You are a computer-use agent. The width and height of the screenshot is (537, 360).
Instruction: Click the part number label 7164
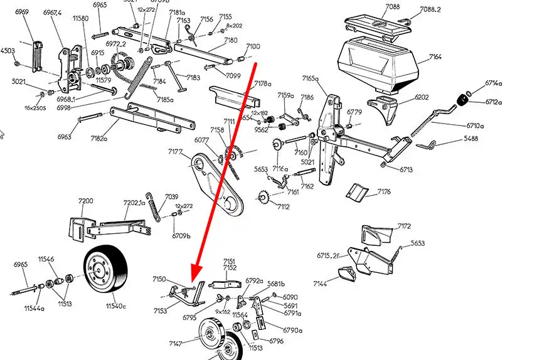coord(435,57)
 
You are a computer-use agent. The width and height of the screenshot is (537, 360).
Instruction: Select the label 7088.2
coord(430,9)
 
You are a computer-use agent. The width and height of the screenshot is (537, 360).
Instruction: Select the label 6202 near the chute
coord(422,97)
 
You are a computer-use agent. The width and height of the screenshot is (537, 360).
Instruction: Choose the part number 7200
coord(85,201)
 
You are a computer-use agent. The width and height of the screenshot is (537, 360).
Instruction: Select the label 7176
coord(384,191)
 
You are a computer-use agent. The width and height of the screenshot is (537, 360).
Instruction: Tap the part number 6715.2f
coord(327,255)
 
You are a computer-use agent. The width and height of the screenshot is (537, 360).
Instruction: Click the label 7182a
coord(99,139)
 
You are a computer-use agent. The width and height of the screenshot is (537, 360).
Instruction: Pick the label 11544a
coord(35,308)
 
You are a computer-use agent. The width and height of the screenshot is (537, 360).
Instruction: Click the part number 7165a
coord(311,78)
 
